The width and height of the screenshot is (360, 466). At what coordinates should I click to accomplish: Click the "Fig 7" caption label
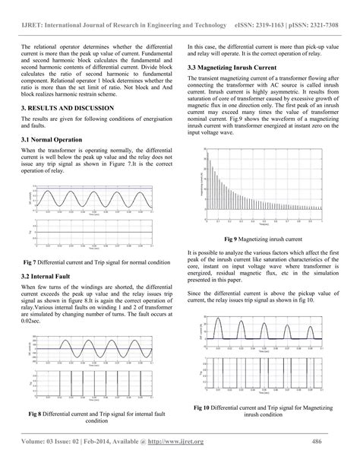click(31, 262)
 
